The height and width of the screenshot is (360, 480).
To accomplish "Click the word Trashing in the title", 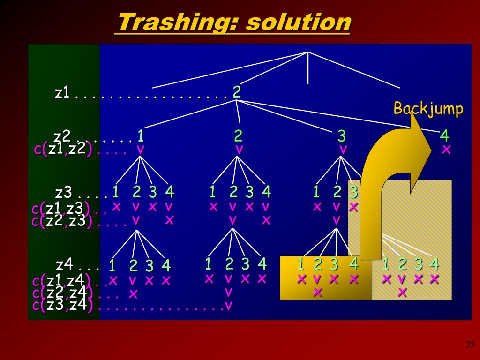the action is point(175,22).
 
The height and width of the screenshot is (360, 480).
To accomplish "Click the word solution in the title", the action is point(297,22).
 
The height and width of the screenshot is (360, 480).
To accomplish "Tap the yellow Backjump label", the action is point(428,109).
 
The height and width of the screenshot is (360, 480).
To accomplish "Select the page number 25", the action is point(470,345).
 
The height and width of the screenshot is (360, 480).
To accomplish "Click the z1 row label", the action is point(62,93).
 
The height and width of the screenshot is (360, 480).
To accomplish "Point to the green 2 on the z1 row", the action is point(237,92).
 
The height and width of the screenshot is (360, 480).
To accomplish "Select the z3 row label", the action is point(63,193).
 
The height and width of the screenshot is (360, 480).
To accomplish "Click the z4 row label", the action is point(64,264).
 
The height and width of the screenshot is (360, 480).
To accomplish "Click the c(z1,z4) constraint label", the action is point(63,281).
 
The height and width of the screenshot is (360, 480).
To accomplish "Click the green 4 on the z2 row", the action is point(444,136).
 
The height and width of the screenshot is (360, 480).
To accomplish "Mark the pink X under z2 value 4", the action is point(446,150).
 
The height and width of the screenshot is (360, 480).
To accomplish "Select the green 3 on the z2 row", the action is point(342,136).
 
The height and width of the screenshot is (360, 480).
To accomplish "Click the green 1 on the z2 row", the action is point(140,136).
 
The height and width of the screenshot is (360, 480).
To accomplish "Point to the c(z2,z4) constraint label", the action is point(62,293).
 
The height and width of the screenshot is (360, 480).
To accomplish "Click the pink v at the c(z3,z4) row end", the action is point(228,306).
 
